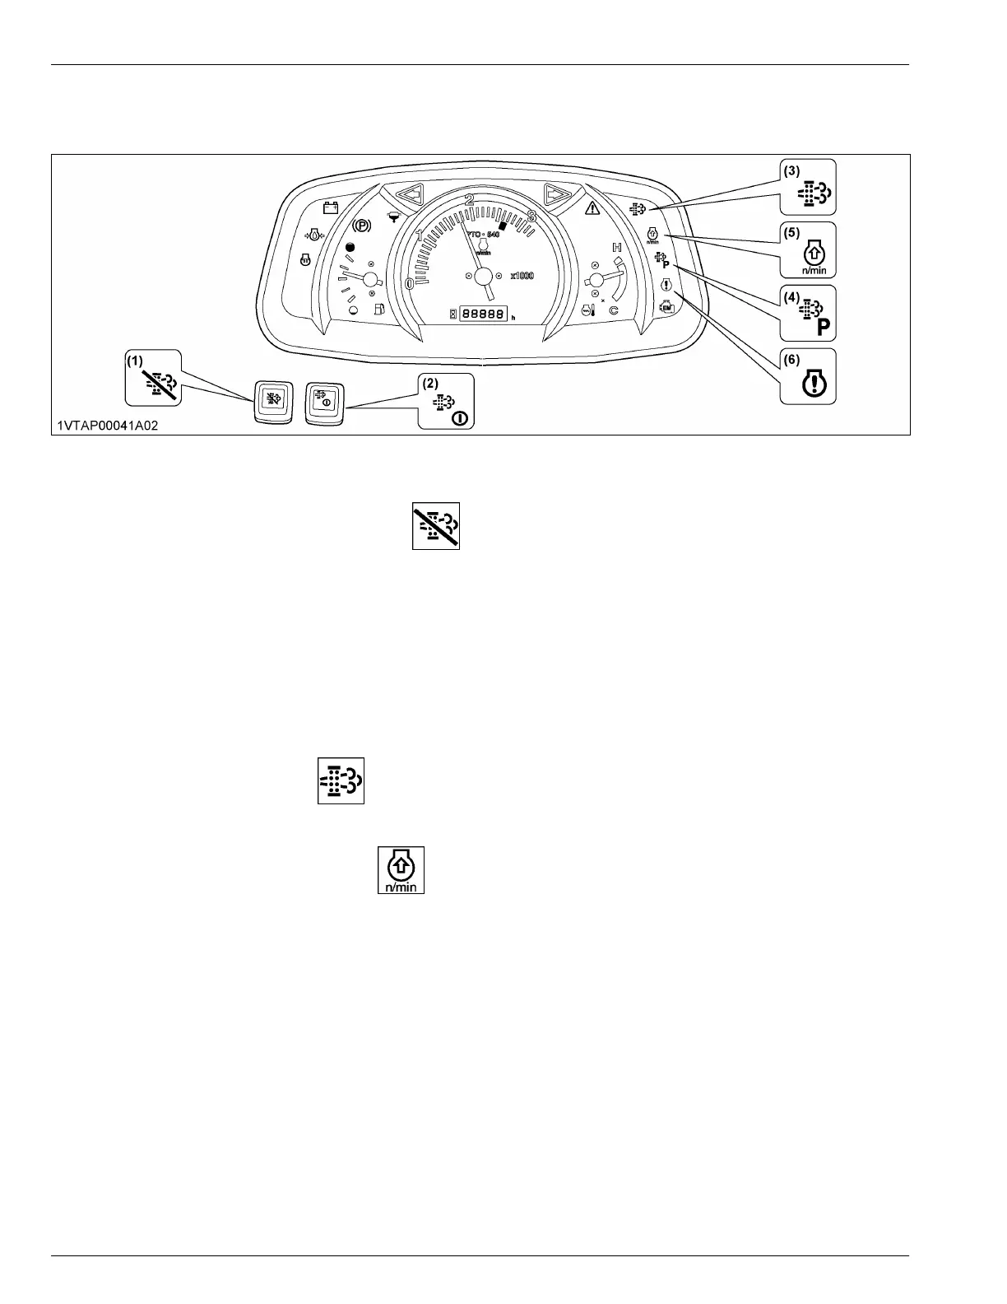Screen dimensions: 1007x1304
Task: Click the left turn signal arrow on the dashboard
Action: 409,195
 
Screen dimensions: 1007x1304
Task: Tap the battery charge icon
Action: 330,207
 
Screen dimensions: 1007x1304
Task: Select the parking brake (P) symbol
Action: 361,225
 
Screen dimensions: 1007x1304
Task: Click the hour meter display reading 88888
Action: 484,314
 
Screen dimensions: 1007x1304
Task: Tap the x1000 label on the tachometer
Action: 522,276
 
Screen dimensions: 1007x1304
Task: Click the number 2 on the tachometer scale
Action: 470,199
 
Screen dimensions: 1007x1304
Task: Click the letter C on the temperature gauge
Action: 613,310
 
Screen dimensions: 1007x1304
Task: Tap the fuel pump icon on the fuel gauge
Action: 379,310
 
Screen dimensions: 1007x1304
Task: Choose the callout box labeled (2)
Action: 446,401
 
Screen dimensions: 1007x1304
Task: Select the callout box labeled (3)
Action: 808,187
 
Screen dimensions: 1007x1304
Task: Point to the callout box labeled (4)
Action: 808,313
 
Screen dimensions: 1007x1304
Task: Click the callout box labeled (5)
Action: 808,249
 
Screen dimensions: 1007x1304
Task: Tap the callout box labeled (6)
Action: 808,376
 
